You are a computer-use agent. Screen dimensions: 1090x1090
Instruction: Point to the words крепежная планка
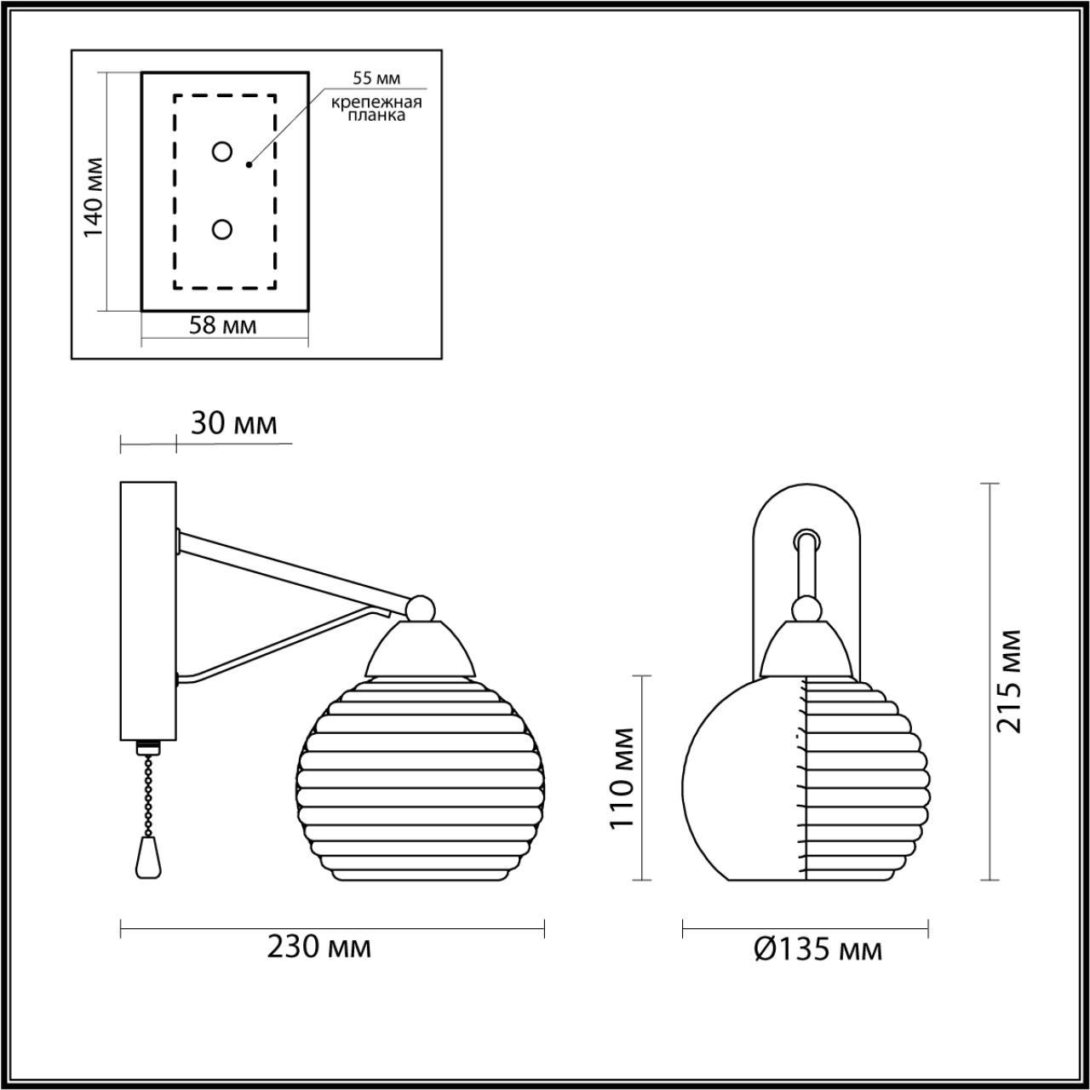tap(377, 109)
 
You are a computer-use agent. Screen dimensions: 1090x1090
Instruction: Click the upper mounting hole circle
tap(222, 152)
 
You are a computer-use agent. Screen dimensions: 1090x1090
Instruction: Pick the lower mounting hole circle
tap(222, 229)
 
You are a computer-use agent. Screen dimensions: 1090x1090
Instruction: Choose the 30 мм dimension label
tap(233, 423)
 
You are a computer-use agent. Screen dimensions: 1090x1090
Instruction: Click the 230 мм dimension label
tap(319, 946)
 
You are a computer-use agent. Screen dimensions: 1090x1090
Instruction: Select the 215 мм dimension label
tap(1011, 681)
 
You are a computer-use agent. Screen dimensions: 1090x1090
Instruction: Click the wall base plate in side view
tap(148, 610)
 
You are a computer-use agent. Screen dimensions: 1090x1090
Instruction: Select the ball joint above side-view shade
tap(419, 608)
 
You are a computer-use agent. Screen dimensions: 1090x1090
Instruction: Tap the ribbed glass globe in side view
tap(422, 779)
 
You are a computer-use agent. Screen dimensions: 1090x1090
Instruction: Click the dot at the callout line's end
tap(249, 164)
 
